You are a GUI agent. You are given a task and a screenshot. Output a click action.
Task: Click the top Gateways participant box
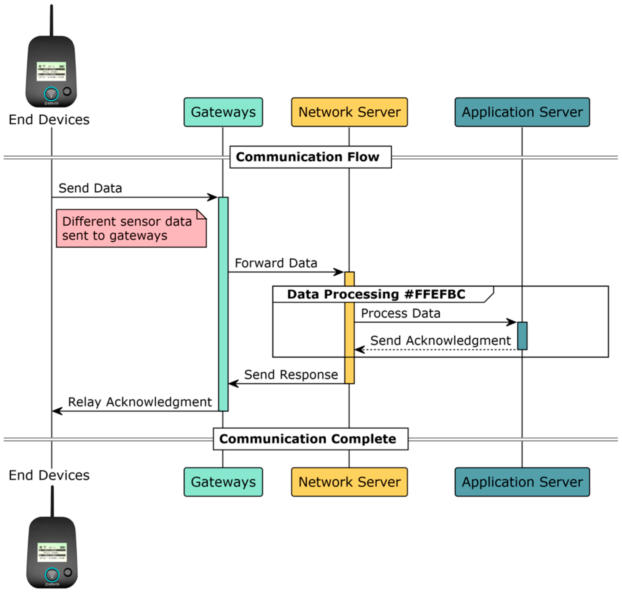(223, 112)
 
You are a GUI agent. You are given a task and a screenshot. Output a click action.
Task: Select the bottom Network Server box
(349, 482)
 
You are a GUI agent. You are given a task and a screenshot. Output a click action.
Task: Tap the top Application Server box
(522, 112)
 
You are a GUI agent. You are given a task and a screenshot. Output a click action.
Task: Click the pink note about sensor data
(131, 228)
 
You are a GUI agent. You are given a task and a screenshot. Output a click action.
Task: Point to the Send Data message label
(90, 188)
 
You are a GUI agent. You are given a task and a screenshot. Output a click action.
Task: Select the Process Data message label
(400, 313)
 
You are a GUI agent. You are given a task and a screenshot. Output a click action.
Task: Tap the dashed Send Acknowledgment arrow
(434, 350)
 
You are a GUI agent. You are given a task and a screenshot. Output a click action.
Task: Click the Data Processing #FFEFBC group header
(376, 294)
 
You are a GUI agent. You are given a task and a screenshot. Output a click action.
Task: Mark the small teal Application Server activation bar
(522, 335)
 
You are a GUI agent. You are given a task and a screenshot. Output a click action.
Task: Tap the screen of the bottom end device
(52, 552)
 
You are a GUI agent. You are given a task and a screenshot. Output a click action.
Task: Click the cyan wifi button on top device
(51, 93)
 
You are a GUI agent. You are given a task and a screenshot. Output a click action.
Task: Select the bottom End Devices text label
(49, 475)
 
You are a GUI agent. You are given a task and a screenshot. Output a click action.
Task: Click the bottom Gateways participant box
(223, 482)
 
